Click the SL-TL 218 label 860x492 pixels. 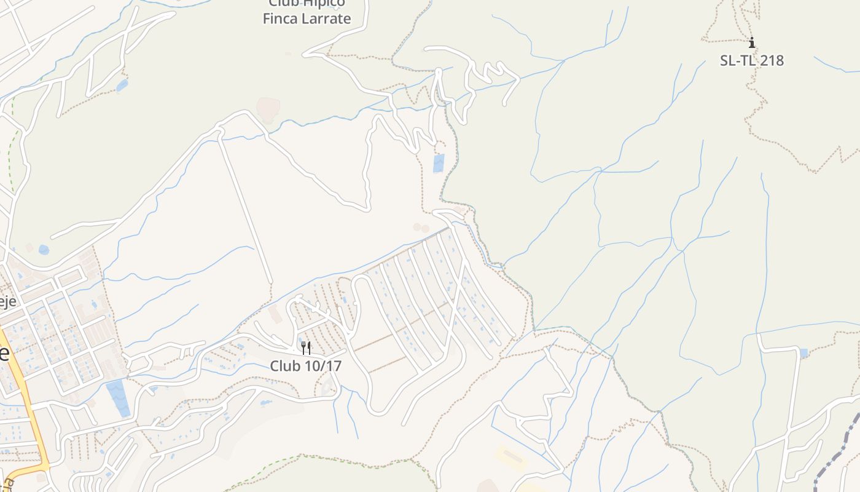(x=751, y=60)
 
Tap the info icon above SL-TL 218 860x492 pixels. (x=751, y=42)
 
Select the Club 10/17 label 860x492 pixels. (x=305, y=366)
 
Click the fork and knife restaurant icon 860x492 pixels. (x=305, y=348)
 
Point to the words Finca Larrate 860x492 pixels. (x=307, y=18)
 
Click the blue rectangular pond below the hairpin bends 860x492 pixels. (x=439, y=163)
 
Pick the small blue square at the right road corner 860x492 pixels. (x=803, y=353)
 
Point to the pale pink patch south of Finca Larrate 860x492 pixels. (x=268, y=109)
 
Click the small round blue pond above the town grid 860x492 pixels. (x=44, y=250)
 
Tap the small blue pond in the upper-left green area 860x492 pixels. (x=122, y=85)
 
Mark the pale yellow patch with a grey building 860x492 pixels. (x=510, y=457)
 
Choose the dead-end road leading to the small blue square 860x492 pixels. (x=780, y=349)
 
